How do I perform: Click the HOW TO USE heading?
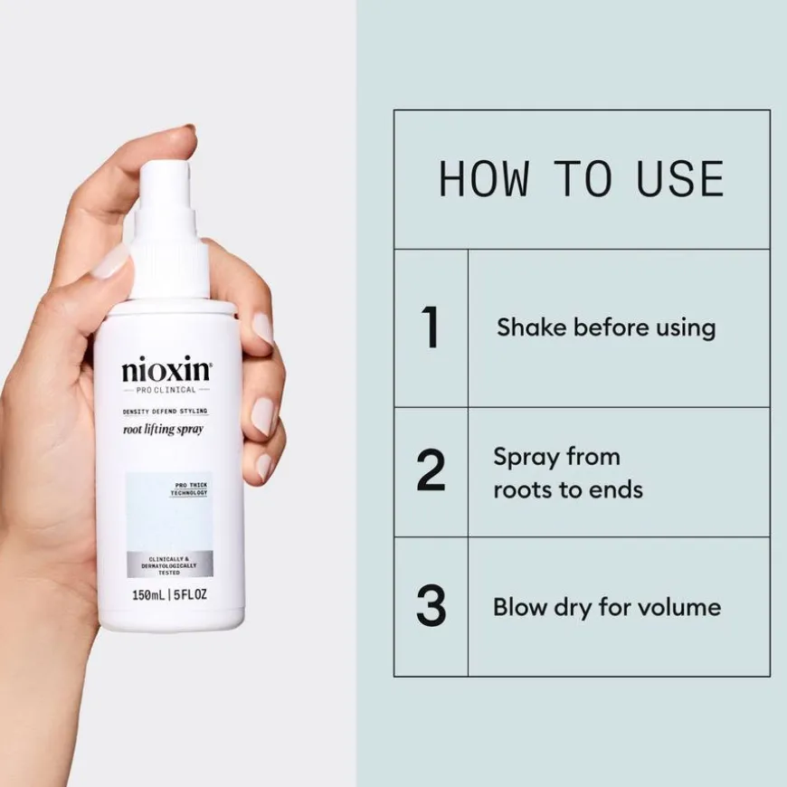pos(581,179)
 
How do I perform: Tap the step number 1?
pos(431,327)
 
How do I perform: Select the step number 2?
pos(431,471)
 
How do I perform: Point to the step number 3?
pos(431,606)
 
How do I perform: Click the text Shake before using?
pos(605,327)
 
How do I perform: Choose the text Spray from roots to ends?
pos(567,473)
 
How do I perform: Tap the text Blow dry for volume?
pos(606,606)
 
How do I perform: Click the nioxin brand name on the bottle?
pos(166,372)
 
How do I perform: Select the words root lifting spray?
pos(163,429)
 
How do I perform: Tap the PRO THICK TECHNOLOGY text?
pos(191,489)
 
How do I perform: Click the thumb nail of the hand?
pos(112,262)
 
